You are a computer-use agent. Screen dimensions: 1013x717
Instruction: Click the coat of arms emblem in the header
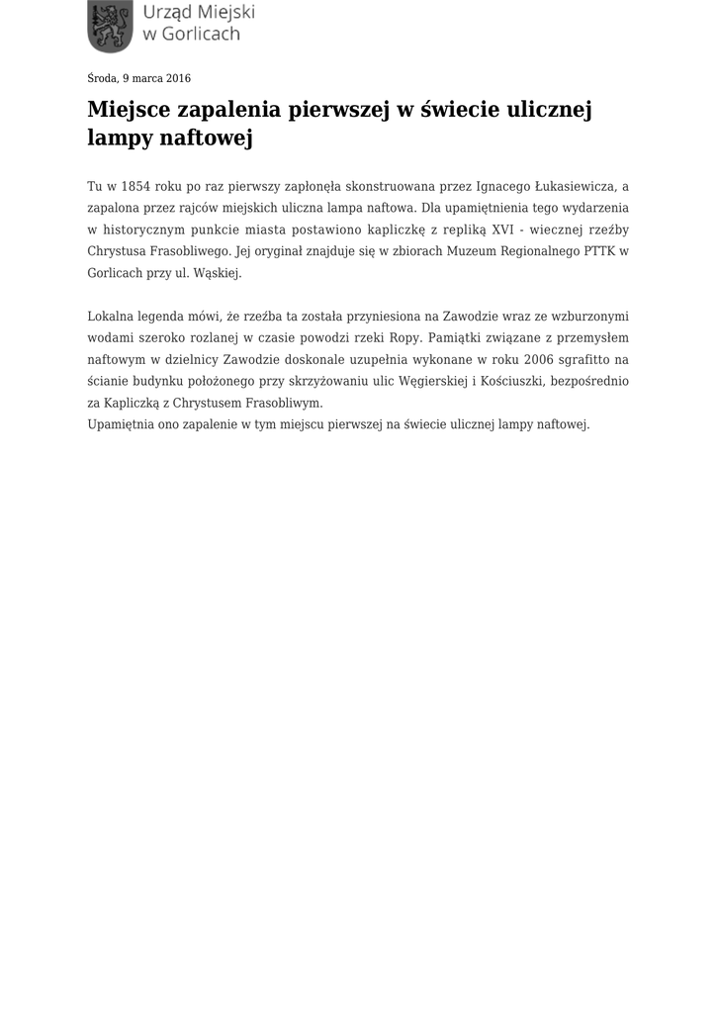tap(109, 27)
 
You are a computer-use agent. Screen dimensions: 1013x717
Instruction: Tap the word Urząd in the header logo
tap(168, 13)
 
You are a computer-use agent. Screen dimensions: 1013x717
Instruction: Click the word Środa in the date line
tap(102, 78)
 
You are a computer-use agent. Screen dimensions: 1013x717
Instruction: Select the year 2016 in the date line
tap(178, 78)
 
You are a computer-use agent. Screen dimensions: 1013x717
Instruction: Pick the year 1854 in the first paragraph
tap(138, 186)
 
